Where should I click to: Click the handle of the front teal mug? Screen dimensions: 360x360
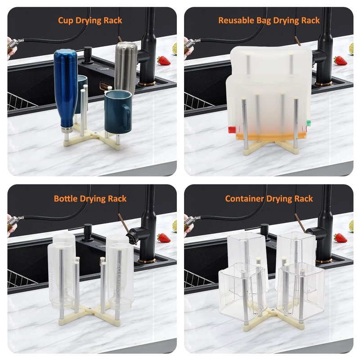pyautogui.click(x=126, y=117)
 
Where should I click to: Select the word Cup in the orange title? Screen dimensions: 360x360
pyautogui.click(x=65, y=20)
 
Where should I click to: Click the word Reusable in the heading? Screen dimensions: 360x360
pyautogui.click(x=236, y=20)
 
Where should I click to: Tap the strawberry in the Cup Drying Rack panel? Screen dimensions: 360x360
pyautogui.click(x=164, y=61)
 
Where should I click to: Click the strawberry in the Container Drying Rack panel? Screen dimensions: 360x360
pyautogui.click(x=340, y=238)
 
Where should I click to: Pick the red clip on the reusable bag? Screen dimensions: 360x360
pyautogui.click(x=232, y=130)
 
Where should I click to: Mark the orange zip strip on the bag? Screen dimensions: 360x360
pyautogui.click(x=271, y=136)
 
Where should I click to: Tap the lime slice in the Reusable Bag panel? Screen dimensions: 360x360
pyautogui.click(x=351, y=49)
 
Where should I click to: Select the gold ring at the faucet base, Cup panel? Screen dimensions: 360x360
pyautogui.click(x=147, y=83)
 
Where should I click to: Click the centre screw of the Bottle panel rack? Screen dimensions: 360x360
pyautogui.click(x=90, y=307)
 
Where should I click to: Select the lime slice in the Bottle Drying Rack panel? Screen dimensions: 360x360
pyautogui.click(x=175, y=226)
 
